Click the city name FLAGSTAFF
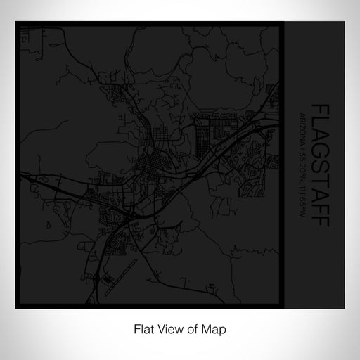320,165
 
